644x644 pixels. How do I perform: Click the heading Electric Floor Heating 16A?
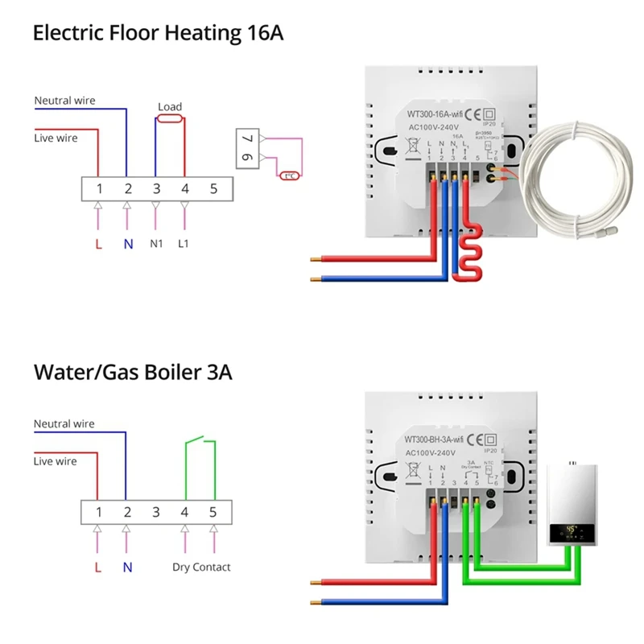coord(158,34)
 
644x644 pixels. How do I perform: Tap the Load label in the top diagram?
coord(170,107)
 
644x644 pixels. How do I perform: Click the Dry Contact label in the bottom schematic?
coord(201,567)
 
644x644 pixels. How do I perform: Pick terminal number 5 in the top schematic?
coord(213,189)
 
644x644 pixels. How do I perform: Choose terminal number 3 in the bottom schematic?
coord(156,512)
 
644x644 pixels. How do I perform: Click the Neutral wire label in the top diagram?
coord(64,101)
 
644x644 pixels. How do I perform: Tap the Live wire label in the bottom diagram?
coord(56,461)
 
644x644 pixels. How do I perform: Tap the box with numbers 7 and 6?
coord(246,150)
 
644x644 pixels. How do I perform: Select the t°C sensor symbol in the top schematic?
coord(288,175)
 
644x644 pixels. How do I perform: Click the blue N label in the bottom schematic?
coord(127,567)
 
